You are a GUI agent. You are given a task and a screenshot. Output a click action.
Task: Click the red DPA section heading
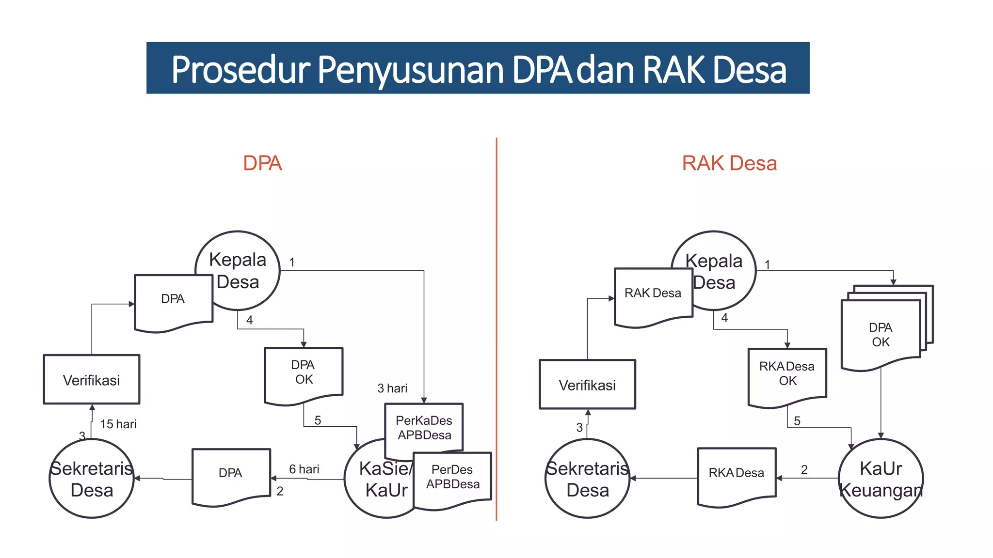pos(262,163)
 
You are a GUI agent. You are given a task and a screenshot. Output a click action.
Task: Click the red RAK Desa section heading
pos(729,163)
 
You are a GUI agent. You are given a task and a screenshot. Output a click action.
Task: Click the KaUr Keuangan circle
pos(881,479)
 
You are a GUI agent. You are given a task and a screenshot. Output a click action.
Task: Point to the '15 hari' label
pos(118,424)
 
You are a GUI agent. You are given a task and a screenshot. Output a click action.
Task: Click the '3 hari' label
pos(392,388)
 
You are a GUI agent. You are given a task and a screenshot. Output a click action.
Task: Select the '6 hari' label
pos(304,469)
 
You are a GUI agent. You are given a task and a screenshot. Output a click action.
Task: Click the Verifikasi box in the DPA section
pos(92,380)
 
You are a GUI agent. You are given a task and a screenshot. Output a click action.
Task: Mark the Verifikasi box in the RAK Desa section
pos(587,385)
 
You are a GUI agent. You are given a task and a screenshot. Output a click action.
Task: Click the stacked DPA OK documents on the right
pos(881,334)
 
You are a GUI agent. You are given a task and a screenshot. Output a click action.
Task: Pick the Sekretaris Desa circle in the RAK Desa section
pos(587,479)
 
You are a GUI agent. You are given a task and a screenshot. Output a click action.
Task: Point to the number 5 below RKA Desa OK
pos(797,421)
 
